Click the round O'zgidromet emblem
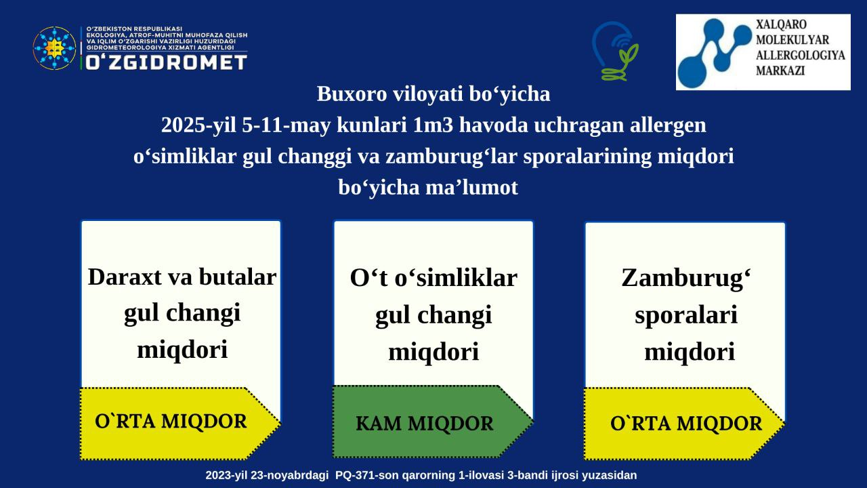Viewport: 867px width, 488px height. point(54,48)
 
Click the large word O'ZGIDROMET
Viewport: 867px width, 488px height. point(167,62)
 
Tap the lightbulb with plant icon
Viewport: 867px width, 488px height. point(616,51)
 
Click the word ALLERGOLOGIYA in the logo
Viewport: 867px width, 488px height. point(801,56)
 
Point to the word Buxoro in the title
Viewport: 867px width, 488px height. point(352,94)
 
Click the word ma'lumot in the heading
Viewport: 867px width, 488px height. point(471,188)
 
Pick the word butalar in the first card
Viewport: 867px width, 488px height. point(238,277)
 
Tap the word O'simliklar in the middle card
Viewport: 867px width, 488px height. point(456,278)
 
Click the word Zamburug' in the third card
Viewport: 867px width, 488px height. point(686,279)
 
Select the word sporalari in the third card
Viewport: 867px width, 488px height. point(686,316)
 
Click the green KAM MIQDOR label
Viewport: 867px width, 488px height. point(425,424)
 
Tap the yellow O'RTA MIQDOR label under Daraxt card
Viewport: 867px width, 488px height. point(171,422)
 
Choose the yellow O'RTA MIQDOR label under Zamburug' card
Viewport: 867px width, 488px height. point(686,424)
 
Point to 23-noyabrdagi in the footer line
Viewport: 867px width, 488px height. point(289,476)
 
